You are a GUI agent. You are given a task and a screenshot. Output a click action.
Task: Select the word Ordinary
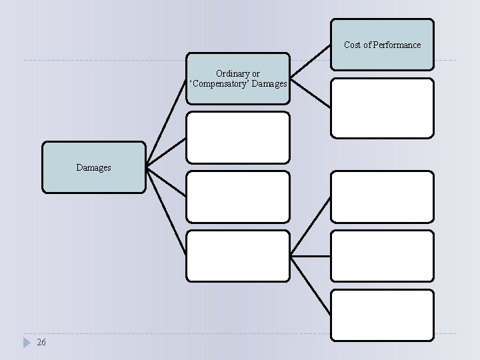[232, 73]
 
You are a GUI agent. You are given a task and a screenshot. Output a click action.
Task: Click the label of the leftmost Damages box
[93, 168]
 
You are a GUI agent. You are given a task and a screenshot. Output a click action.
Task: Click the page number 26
[41, 343]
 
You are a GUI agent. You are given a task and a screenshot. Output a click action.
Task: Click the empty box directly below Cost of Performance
[382, 108]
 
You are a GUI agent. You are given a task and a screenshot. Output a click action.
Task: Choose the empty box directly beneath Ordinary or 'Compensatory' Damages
[238, 137]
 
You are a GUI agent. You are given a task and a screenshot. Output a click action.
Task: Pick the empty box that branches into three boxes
[238, 255]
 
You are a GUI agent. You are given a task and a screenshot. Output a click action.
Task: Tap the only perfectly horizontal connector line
[311, 255]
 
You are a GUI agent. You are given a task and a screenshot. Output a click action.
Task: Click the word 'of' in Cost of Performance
[369, 45]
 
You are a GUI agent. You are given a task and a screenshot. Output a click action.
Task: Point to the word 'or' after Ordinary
[256, 73]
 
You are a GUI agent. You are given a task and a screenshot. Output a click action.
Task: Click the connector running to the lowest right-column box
[311, 285]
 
